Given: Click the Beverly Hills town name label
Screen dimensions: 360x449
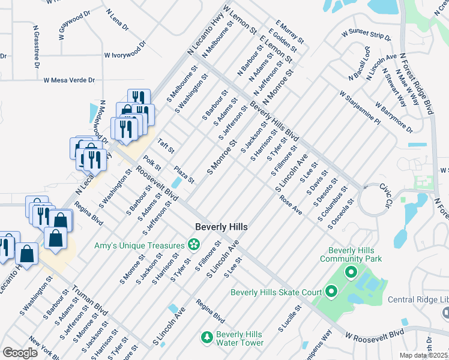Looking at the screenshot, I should (x=221, y=227).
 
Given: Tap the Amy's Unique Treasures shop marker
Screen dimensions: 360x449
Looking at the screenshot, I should (x=194, y=244).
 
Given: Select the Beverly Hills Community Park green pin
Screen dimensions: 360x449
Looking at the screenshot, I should (x=352, y=273).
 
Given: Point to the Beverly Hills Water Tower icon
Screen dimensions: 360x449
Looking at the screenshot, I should (x=206, y=338).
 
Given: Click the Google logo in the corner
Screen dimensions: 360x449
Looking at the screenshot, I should (x=20, y=353).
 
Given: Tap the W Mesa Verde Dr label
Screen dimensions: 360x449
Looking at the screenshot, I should (x=69, y=80).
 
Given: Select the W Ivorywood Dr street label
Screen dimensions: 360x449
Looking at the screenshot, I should (x=125, y=50).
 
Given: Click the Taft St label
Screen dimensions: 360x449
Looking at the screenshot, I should (x=165, y=146).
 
